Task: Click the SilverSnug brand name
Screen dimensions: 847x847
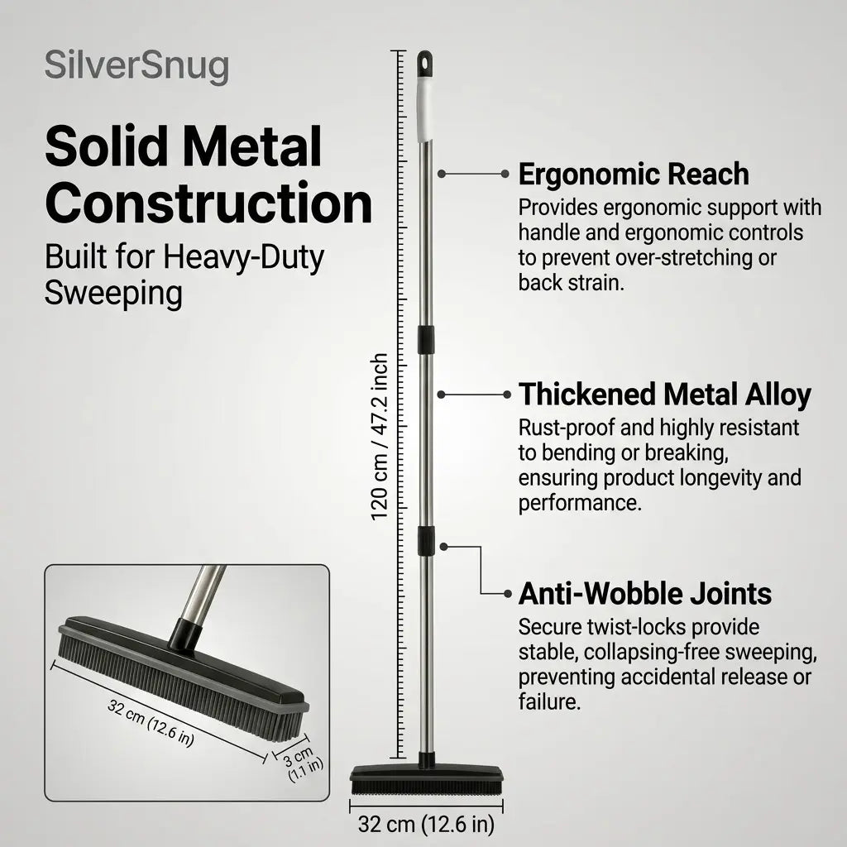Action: [x=136, y=67]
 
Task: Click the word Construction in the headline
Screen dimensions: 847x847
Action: [x=208, y=203]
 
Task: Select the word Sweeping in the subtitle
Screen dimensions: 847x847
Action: [x=113, y=294]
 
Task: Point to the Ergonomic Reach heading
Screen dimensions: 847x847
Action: [x=634, y=175]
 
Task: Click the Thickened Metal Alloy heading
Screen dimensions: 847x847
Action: [x=664, y=395]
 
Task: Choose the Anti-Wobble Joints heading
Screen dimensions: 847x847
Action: [x=645, y=594]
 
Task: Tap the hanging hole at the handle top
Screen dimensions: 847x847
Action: [x=425, y=62]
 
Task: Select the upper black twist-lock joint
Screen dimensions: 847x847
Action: [x=426, y=340]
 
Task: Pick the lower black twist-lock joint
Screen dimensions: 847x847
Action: [x=426, y=541]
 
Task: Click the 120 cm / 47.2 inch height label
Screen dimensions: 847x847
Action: [x=380, y=437]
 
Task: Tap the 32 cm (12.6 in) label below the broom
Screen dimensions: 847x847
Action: [x=426, y=825]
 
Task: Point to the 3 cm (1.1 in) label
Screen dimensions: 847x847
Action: [x=302, y=763]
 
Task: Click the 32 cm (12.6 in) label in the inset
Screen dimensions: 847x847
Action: [x=151, y=722]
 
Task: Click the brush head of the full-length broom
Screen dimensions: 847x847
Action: [x=426, y=780]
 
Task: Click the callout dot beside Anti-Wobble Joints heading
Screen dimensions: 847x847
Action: [x=507, y=594]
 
